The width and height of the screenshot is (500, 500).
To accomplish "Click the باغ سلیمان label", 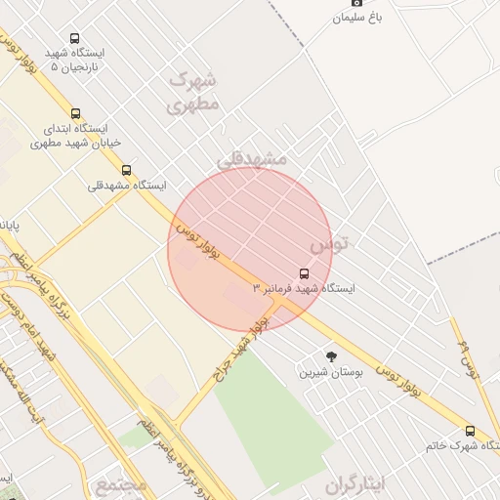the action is tap(359, 18).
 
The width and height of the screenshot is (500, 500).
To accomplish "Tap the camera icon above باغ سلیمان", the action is tap(355, 3).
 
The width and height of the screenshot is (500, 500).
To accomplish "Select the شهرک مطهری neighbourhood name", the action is tap(192, 92).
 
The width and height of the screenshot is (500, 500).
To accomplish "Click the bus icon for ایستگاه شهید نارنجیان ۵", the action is tap(75, 39).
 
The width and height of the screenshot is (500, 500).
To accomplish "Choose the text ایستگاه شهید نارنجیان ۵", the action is tap(76, 60).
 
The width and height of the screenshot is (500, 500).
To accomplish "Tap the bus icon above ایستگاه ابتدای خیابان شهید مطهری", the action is tap(76, 114).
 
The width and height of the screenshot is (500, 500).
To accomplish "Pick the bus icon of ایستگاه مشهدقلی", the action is tap(126, 170).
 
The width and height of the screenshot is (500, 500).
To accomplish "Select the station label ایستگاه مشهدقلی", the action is tap(127, 185).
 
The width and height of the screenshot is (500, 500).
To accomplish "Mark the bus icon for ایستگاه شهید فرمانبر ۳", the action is tap(304, 273).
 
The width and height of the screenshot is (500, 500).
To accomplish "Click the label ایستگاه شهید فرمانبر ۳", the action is tap(305, 289).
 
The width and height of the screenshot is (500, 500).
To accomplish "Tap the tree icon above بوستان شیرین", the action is tap(331, 357).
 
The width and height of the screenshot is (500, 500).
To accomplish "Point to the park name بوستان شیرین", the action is tap(323, 372).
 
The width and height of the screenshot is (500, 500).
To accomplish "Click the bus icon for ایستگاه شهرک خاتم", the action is tap(470, 431).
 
